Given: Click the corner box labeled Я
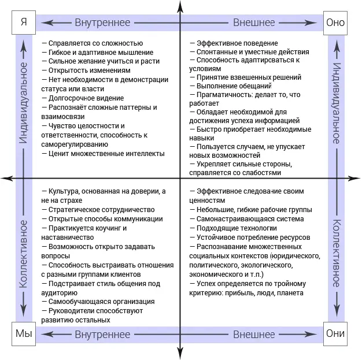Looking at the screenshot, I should click(x=24, y=23).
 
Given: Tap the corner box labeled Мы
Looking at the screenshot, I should click(x=24, y=335).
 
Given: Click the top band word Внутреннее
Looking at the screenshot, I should click(x=102, y=23).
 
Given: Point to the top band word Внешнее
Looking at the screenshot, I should click(x=253, y=23).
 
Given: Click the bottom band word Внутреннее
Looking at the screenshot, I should click(x=102, y=335).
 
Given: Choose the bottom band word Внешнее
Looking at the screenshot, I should click(x=253, y=335).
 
